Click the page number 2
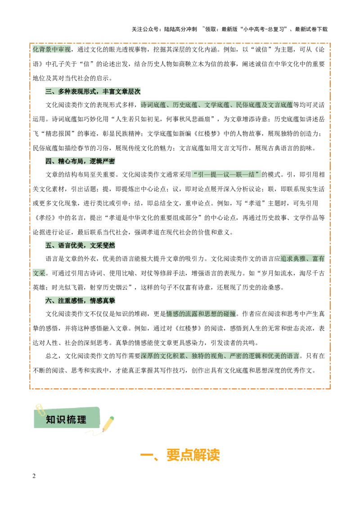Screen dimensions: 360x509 pos(34,476)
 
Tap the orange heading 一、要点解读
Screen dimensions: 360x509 pos(180,455)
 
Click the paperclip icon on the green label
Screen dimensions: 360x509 pos(40,409)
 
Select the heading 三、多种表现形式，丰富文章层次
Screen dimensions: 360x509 pos(93,92)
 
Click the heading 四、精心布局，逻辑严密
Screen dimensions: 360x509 pos(80,161)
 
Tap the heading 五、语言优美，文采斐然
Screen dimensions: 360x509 pos(80,245)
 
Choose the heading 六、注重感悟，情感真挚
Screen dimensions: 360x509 pos(80,301)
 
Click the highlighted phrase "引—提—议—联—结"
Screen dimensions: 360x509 pos(226,174)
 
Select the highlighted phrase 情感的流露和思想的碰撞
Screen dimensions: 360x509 pos(201,313)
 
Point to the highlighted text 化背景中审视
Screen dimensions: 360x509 pos(52,49)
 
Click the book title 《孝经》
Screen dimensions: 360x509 pos(44,218)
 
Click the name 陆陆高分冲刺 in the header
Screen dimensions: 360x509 pos(180,29)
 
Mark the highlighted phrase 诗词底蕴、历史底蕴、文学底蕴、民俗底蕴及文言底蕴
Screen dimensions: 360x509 pos(217,105)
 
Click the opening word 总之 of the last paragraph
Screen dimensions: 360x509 pos(52,356)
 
